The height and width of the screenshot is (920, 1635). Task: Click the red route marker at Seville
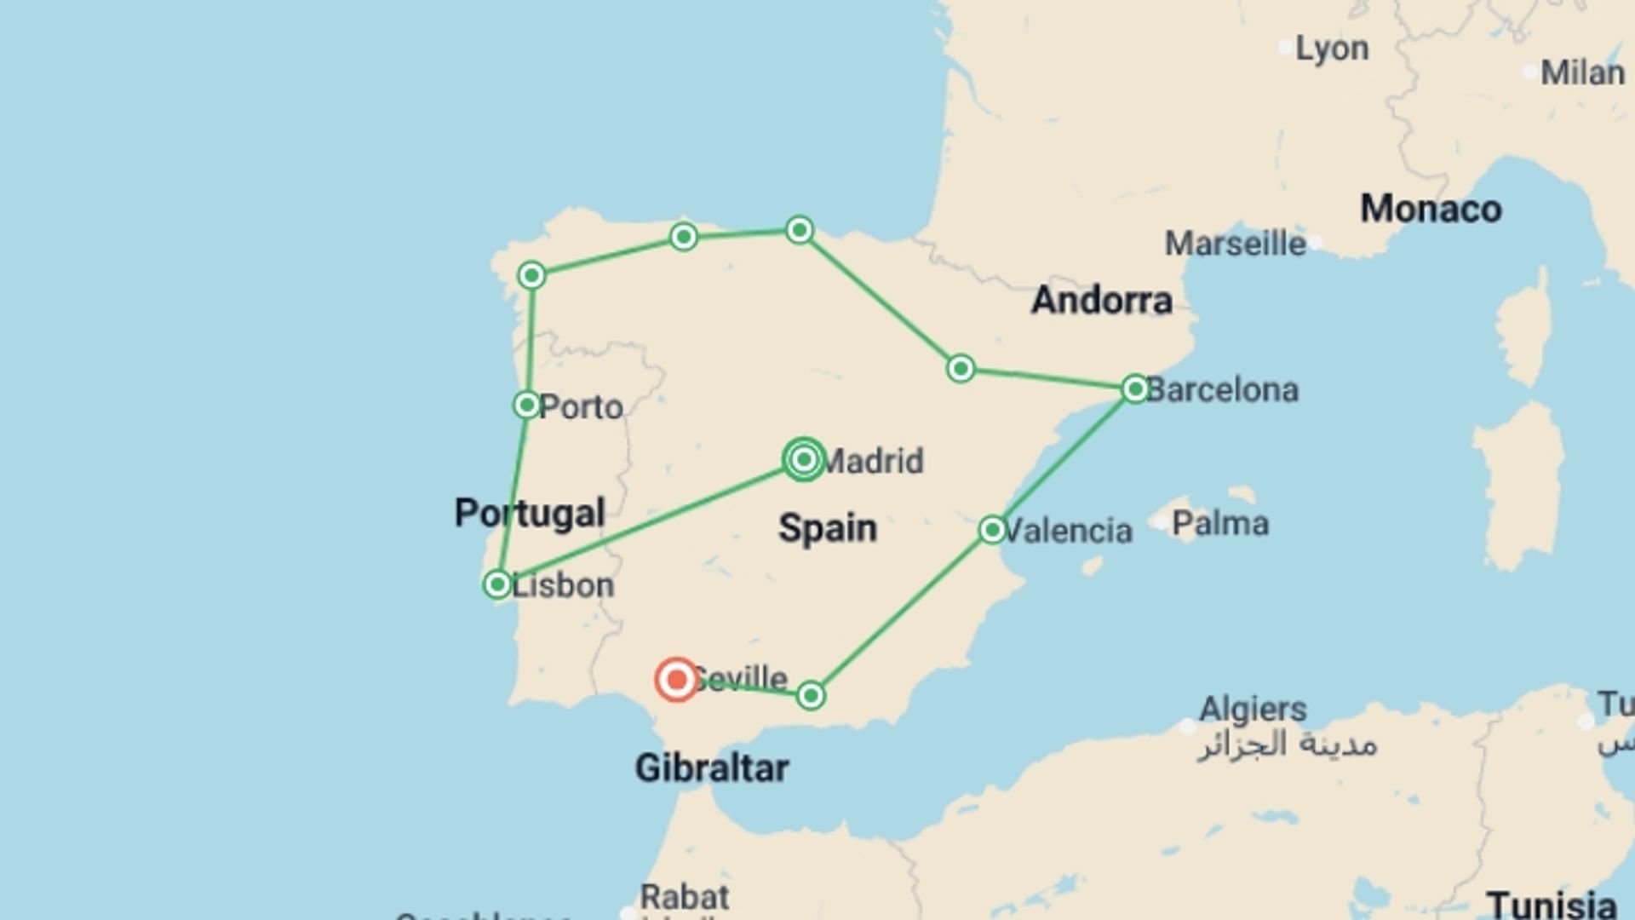point(676,680)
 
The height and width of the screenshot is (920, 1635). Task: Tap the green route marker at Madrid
point(804,460)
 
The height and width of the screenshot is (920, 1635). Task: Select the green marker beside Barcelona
point(1135,389)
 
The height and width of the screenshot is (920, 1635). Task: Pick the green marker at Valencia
point(992,530)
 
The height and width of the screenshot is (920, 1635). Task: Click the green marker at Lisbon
point(497,584)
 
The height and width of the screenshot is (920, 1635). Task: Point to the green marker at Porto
point(527,405)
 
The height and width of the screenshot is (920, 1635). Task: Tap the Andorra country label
point(1102,301)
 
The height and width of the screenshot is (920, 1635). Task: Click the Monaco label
point(1431,210)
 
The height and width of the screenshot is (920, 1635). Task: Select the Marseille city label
point(1235,244)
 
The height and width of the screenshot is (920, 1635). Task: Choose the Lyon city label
point(1332,49)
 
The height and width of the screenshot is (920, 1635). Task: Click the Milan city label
point(1582,73)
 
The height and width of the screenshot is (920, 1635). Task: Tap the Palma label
point(1220,523)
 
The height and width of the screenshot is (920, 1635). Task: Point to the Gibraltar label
point(712,768)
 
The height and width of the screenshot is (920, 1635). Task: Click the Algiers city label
point(1253,709)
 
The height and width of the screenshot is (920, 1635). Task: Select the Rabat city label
point(685,897)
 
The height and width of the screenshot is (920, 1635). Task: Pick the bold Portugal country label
point(530,513)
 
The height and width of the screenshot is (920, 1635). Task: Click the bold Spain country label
point(827,528)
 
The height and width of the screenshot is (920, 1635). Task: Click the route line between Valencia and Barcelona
point(1064,460)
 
